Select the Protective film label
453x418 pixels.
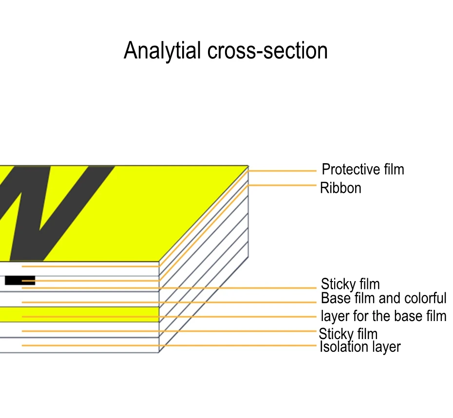point(363,170)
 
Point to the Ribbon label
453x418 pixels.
point(340,188)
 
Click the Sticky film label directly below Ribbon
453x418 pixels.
point(350,284)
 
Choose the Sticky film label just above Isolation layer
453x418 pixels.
point(348,334)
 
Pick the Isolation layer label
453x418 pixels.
point(360,347)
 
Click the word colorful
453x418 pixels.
point(422,298)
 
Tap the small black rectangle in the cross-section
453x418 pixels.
point(20,281)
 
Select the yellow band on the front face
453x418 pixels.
point(78,314)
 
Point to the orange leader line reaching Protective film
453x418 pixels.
point(283,171)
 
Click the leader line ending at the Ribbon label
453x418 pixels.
point(283,186)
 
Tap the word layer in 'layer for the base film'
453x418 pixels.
point(335,316)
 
